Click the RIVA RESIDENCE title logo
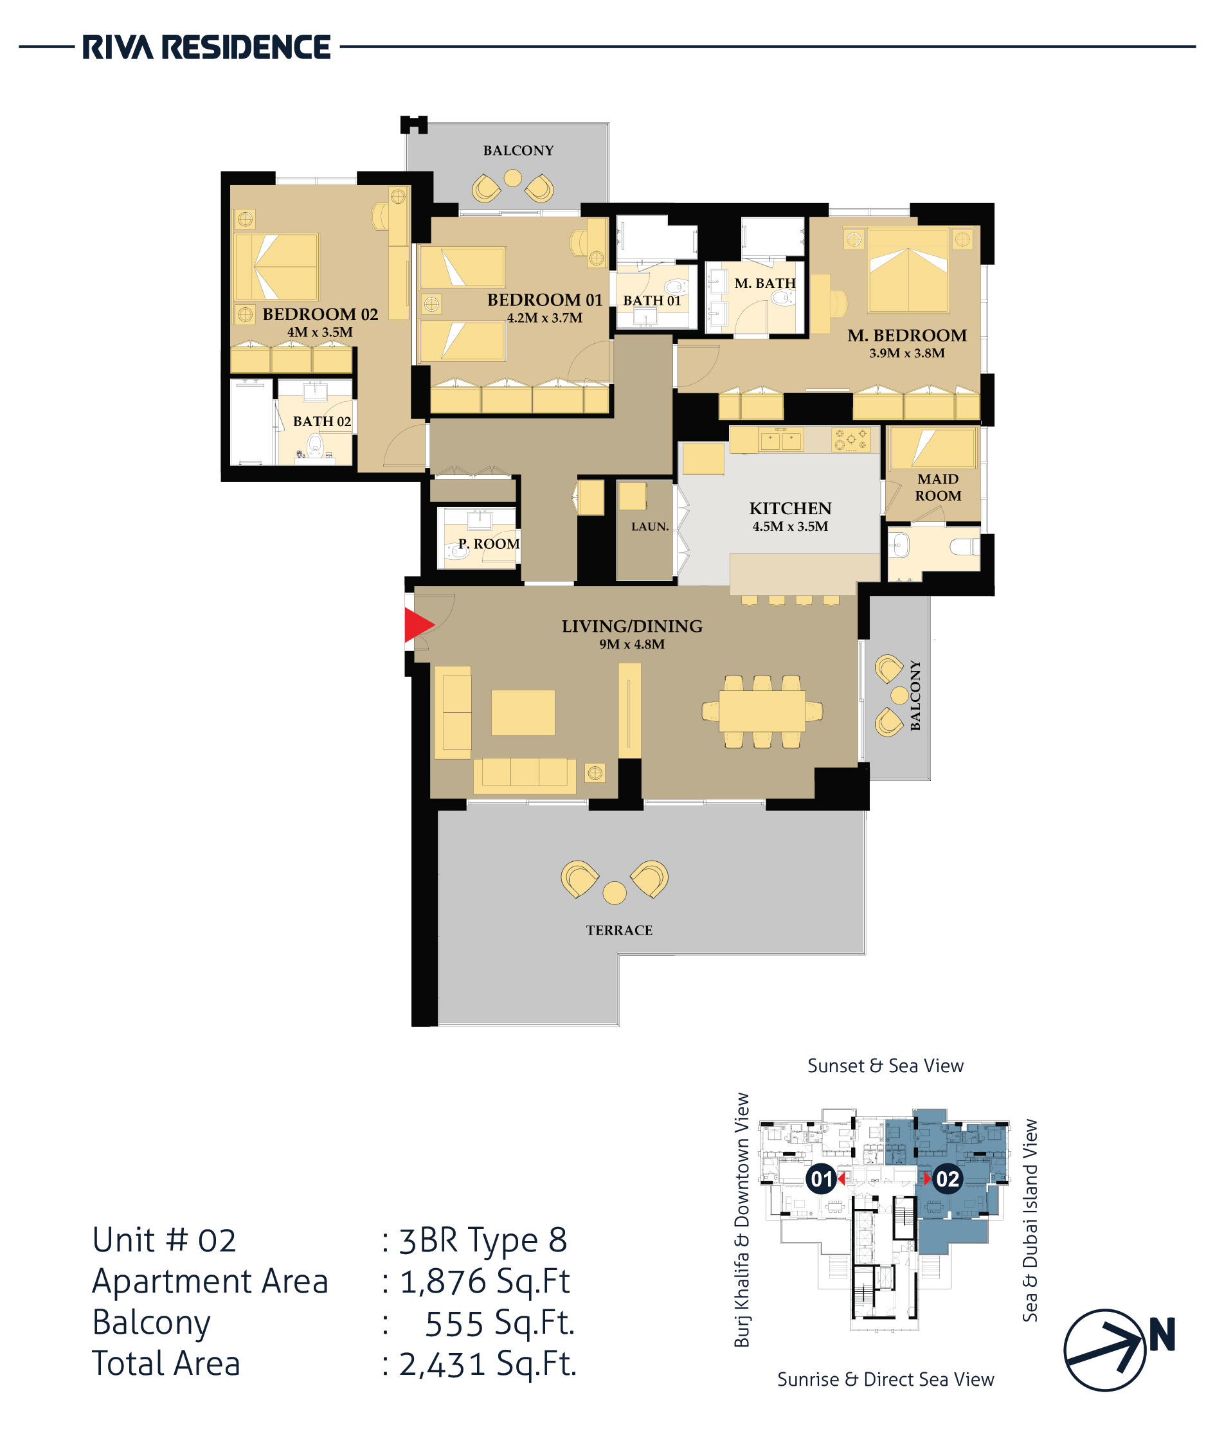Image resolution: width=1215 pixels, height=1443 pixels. point(206,48)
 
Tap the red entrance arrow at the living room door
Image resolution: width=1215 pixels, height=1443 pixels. point(418,625)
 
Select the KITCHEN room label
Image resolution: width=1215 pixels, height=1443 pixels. point(790,508)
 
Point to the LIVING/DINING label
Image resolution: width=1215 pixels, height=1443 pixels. point(631,626)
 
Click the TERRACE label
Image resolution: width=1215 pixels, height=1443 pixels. point(619,930)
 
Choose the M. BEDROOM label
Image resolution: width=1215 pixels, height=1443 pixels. point(907,336)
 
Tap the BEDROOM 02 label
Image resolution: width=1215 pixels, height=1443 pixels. point(320,314)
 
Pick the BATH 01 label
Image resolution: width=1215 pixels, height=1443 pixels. point(652,300)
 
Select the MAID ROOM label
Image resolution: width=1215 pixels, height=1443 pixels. point(938,487)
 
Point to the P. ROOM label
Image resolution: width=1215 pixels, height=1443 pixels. point(489,543)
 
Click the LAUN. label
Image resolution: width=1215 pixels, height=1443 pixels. point(650,526)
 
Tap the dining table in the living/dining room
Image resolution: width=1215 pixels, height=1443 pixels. point(762,711)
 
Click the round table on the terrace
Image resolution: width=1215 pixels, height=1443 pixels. point(615,893)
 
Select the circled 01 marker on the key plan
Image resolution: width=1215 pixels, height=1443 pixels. point(822,1179)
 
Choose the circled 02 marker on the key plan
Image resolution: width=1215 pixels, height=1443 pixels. point(947,1179)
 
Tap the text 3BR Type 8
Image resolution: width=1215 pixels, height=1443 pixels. point(483,1240)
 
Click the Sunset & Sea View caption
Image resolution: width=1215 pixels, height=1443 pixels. point(885,1066)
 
